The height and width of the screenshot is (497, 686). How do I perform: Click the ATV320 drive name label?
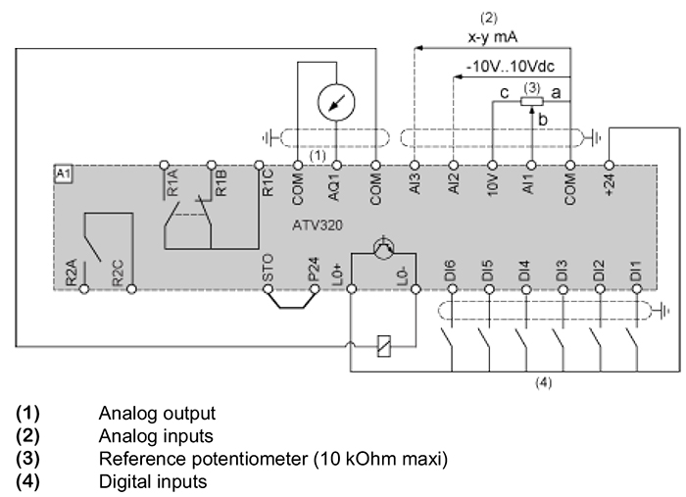click(318, 225)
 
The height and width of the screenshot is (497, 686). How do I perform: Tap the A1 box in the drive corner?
click(63, 174)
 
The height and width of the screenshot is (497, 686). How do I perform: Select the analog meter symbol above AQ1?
click(336, 102)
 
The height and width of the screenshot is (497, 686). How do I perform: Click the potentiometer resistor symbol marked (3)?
click(531, 102)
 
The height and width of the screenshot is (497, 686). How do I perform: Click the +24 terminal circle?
click(609, 166)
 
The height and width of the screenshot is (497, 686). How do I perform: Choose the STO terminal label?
click(268, 268)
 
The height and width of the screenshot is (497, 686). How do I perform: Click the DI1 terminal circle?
click(637, 289)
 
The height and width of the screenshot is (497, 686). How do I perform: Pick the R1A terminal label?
click(172, 183)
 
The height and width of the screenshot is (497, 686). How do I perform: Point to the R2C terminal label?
click(119, 273)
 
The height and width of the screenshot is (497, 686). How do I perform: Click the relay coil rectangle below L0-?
click(384, 346)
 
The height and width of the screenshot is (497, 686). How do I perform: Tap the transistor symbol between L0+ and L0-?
click(384, 248)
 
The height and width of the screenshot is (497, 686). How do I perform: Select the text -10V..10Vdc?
click(511, 67)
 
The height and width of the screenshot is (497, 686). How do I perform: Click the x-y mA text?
click(493, 36)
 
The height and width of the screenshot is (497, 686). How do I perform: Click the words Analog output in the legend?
click(157, 414)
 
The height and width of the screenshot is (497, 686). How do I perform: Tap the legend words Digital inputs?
click(153, 481)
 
